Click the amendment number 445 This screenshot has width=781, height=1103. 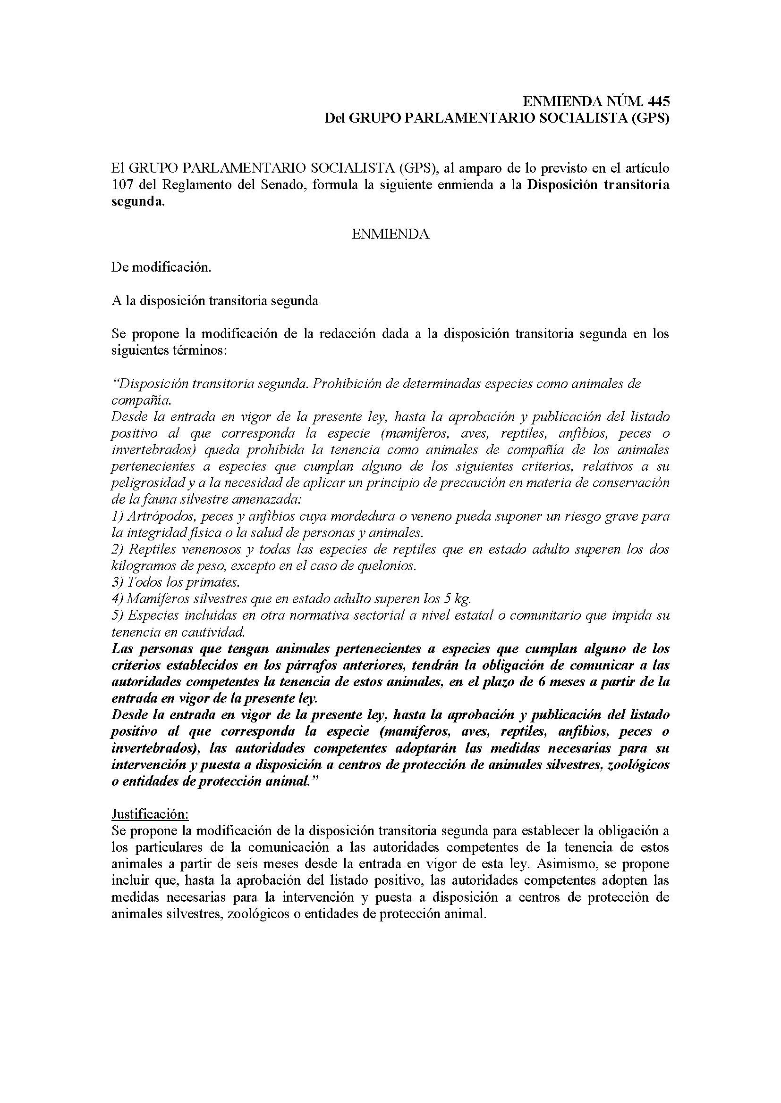[x=658, y=101]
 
